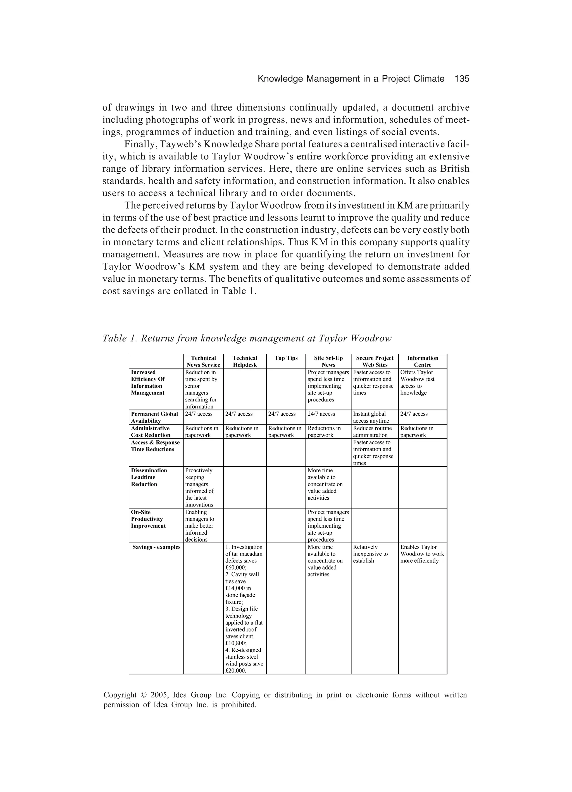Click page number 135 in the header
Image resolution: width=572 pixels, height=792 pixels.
462,79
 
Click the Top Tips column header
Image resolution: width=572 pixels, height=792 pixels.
286,358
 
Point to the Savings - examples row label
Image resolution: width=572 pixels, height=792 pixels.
156,547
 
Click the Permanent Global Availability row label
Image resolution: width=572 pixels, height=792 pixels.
154,417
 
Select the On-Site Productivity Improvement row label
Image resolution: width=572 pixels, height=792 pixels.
148,519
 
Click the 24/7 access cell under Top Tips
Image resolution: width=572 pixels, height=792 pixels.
282,414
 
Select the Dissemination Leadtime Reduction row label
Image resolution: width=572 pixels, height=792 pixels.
149,477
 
